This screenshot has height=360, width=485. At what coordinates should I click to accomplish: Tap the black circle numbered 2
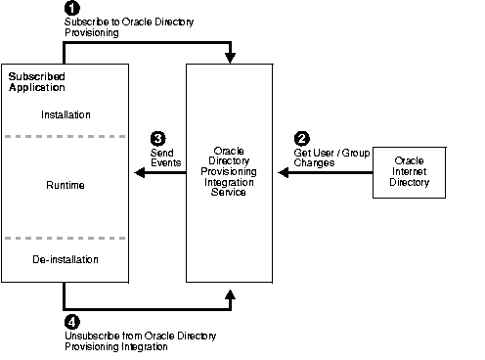pyautogui.click(x=301, y=138)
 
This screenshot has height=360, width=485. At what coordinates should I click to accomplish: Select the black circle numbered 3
pyautogui.click(x=156, y=139)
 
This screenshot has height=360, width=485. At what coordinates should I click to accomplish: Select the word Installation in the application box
pyautogui.click(x=66, y=114)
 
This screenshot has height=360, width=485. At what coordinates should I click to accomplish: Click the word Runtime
pyautogui.click(x=66, y=185)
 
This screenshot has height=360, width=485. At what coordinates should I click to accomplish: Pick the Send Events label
pyautogui.click(x=162, y=157)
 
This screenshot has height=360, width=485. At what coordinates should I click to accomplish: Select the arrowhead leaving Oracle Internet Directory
pyautogui.click(x=283, y=173)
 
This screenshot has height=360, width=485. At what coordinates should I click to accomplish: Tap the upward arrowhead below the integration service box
pyautogui.click(x=230, y=291)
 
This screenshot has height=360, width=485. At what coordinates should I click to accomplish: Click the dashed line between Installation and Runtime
pyautogui.click(x=66, y=137)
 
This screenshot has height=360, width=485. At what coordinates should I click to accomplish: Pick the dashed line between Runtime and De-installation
pyautogui.click(x=66, y=237)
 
